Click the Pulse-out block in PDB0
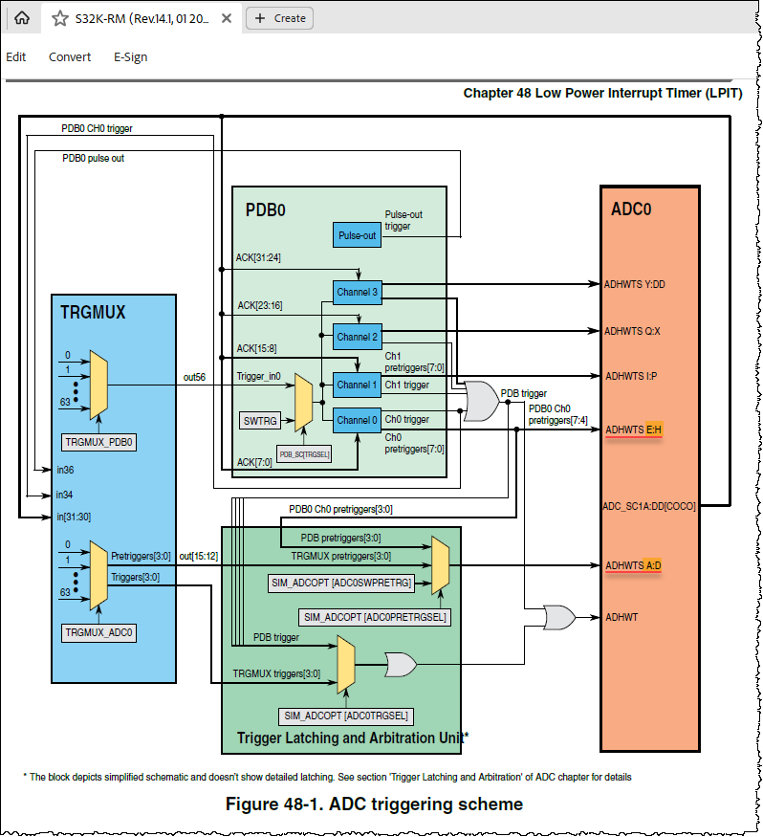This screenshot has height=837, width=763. [x=358, y=235]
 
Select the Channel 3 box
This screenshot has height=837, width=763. [x=358, y=292]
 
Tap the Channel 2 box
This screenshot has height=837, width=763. [x=358, y=337]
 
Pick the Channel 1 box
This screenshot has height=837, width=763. [x=358, y=385]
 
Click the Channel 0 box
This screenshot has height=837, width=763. [x=358, y=420]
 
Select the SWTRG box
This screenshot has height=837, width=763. [x=261, y=419]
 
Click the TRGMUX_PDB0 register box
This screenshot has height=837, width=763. [x=99, y=442]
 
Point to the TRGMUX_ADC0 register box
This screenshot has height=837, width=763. [x=99, y=632]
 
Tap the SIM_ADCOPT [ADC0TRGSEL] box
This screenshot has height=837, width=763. [x=345, y=716]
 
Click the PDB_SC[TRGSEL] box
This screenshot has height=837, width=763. [x=305, y=453]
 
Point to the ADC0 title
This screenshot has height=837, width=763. [x=631, y=209]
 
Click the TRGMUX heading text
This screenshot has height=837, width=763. [x=93, y=312]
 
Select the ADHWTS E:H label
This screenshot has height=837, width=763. [x=633, y=430]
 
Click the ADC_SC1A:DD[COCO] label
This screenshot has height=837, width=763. [x=648, y=506]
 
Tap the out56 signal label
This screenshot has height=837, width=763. [x=195, y=378]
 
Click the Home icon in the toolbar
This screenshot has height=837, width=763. [x=22, y=17]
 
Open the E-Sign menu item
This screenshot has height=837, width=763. [x=130, y=56]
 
